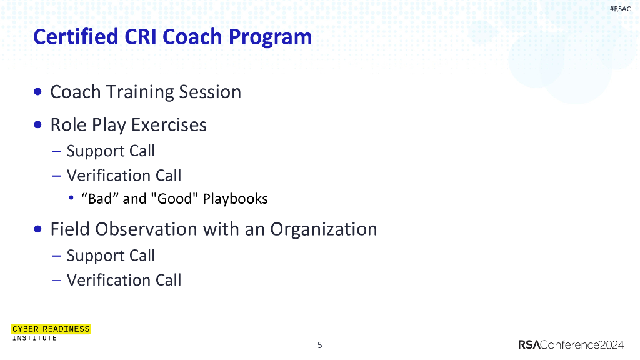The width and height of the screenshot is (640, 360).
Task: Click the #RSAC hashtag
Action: (x=620, y=9)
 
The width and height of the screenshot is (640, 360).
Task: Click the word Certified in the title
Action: (x=76, y=37)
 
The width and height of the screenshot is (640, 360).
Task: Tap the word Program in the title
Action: (x=270, y=37)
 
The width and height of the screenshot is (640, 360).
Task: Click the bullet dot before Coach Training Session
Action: (x=38, y=92)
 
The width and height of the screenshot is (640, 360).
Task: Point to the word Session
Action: (x=210, y=92)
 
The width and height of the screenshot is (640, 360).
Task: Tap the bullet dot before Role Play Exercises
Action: (x=38, y=124)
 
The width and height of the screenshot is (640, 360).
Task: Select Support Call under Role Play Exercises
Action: (x=111, y=151)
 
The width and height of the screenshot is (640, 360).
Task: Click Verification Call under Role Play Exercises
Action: (x=124, y=176)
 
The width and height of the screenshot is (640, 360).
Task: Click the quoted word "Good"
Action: (x=175, y=199)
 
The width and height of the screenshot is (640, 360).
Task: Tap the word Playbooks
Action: (x=236, y=199)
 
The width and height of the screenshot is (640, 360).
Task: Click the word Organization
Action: (x=324, y=229)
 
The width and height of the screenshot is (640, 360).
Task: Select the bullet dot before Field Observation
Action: (x=38, y=229)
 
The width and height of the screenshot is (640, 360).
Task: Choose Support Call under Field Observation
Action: (x=111, y=256)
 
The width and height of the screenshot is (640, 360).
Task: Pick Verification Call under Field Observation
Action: (x=124, y=281)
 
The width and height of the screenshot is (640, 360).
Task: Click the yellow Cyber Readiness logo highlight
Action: (x=51, y=329)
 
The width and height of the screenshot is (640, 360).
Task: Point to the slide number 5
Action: (x=320, y=345)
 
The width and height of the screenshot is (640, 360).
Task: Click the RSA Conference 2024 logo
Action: (x=571, y=345)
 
